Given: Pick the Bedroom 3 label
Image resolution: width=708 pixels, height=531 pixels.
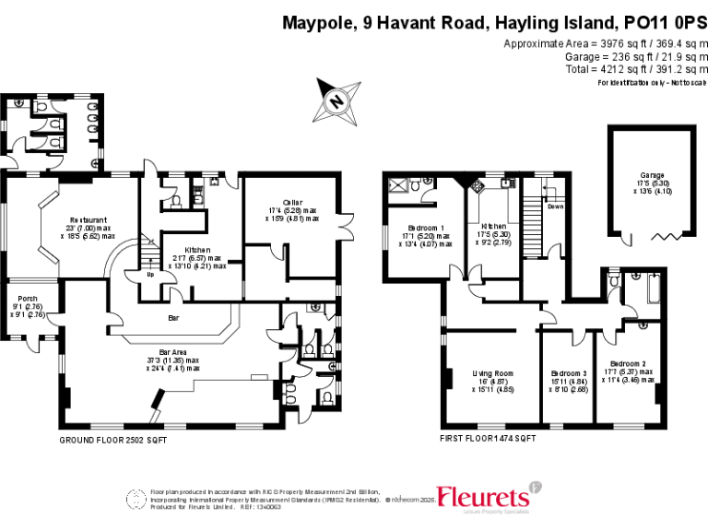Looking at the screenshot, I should [562, 372].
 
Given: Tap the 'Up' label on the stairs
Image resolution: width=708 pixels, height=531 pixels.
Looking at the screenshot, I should [150, 273].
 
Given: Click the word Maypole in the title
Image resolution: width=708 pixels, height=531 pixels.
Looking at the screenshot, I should [315, 22].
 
